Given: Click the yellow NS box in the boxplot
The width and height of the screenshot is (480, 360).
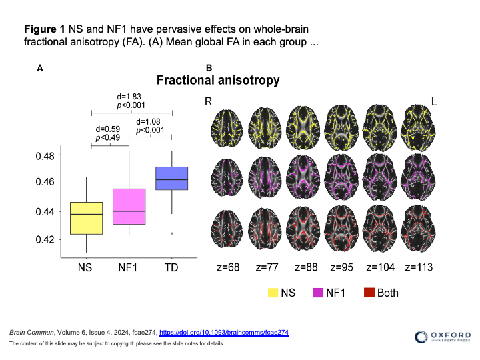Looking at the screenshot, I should pyautogui.click(x=86, y=218).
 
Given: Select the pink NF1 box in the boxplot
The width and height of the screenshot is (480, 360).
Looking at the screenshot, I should pyautogui.click(x=129, y=207).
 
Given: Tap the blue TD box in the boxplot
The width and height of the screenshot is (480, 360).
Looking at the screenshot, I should pyautogui.click(x=171, y=178).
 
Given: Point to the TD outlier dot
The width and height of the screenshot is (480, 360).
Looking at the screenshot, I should pyautogui.click(x=172, y=233).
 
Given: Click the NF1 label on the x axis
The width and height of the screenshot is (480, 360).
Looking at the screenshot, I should pyautogui.click(x=129, y=268).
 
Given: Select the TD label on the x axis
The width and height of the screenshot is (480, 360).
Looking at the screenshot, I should pyautogui.click(x=171, y=268).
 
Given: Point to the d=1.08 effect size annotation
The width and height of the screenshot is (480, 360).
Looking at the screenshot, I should pyautogui.click(x=150, y=122).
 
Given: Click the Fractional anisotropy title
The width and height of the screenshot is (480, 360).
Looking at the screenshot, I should pyautogui.click(x=218, y=81).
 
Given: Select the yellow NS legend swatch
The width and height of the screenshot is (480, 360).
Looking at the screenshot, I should pyautogui.click(x=272, y=292).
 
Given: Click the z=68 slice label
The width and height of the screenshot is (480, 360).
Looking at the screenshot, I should pyautogui.click(x=229, y=267).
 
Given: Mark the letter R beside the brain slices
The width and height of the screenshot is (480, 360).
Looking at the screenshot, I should pyautogui.click(x=209, y=101).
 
